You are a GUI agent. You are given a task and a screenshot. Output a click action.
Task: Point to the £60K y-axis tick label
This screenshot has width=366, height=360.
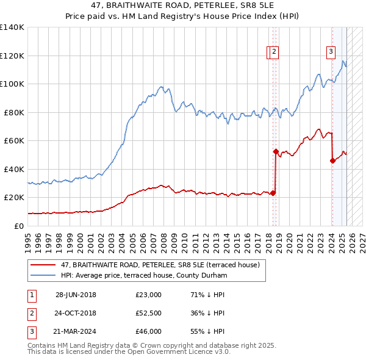pos(14,140)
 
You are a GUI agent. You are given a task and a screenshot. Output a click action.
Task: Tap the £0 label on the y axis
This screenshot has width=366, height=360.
pos(19,226)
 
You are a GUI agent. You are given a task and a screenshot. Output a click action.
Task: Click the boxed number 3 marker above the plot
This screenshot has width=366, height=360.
pos(331,52)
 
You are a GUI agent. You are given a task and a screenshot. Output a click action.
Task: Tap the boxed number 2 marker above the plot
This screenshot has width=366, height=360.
pos(274,52)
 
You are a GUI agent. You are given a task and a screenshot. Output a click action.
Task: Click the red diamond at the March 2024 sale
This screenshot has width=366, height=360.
pos(332,161)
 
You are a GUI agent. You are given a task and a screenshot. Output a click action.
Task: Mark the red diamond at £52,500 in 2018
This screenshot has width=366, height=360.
pos(276,151)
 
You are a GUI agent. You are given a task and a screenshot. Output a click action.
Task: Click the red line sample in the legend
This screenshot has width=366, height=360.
pos(43,265)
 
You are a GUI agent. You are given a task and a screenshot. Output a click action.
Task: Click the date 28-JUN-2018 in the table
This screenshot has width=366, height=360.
pos(76,295)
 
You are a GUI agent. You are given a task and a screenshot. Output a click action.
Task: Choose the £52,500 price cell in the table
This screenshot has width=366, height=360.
pos(149,313)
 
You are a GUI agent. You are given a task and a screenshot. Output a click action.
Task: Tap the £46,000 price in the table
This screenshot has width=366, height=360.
pos(149,331)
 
